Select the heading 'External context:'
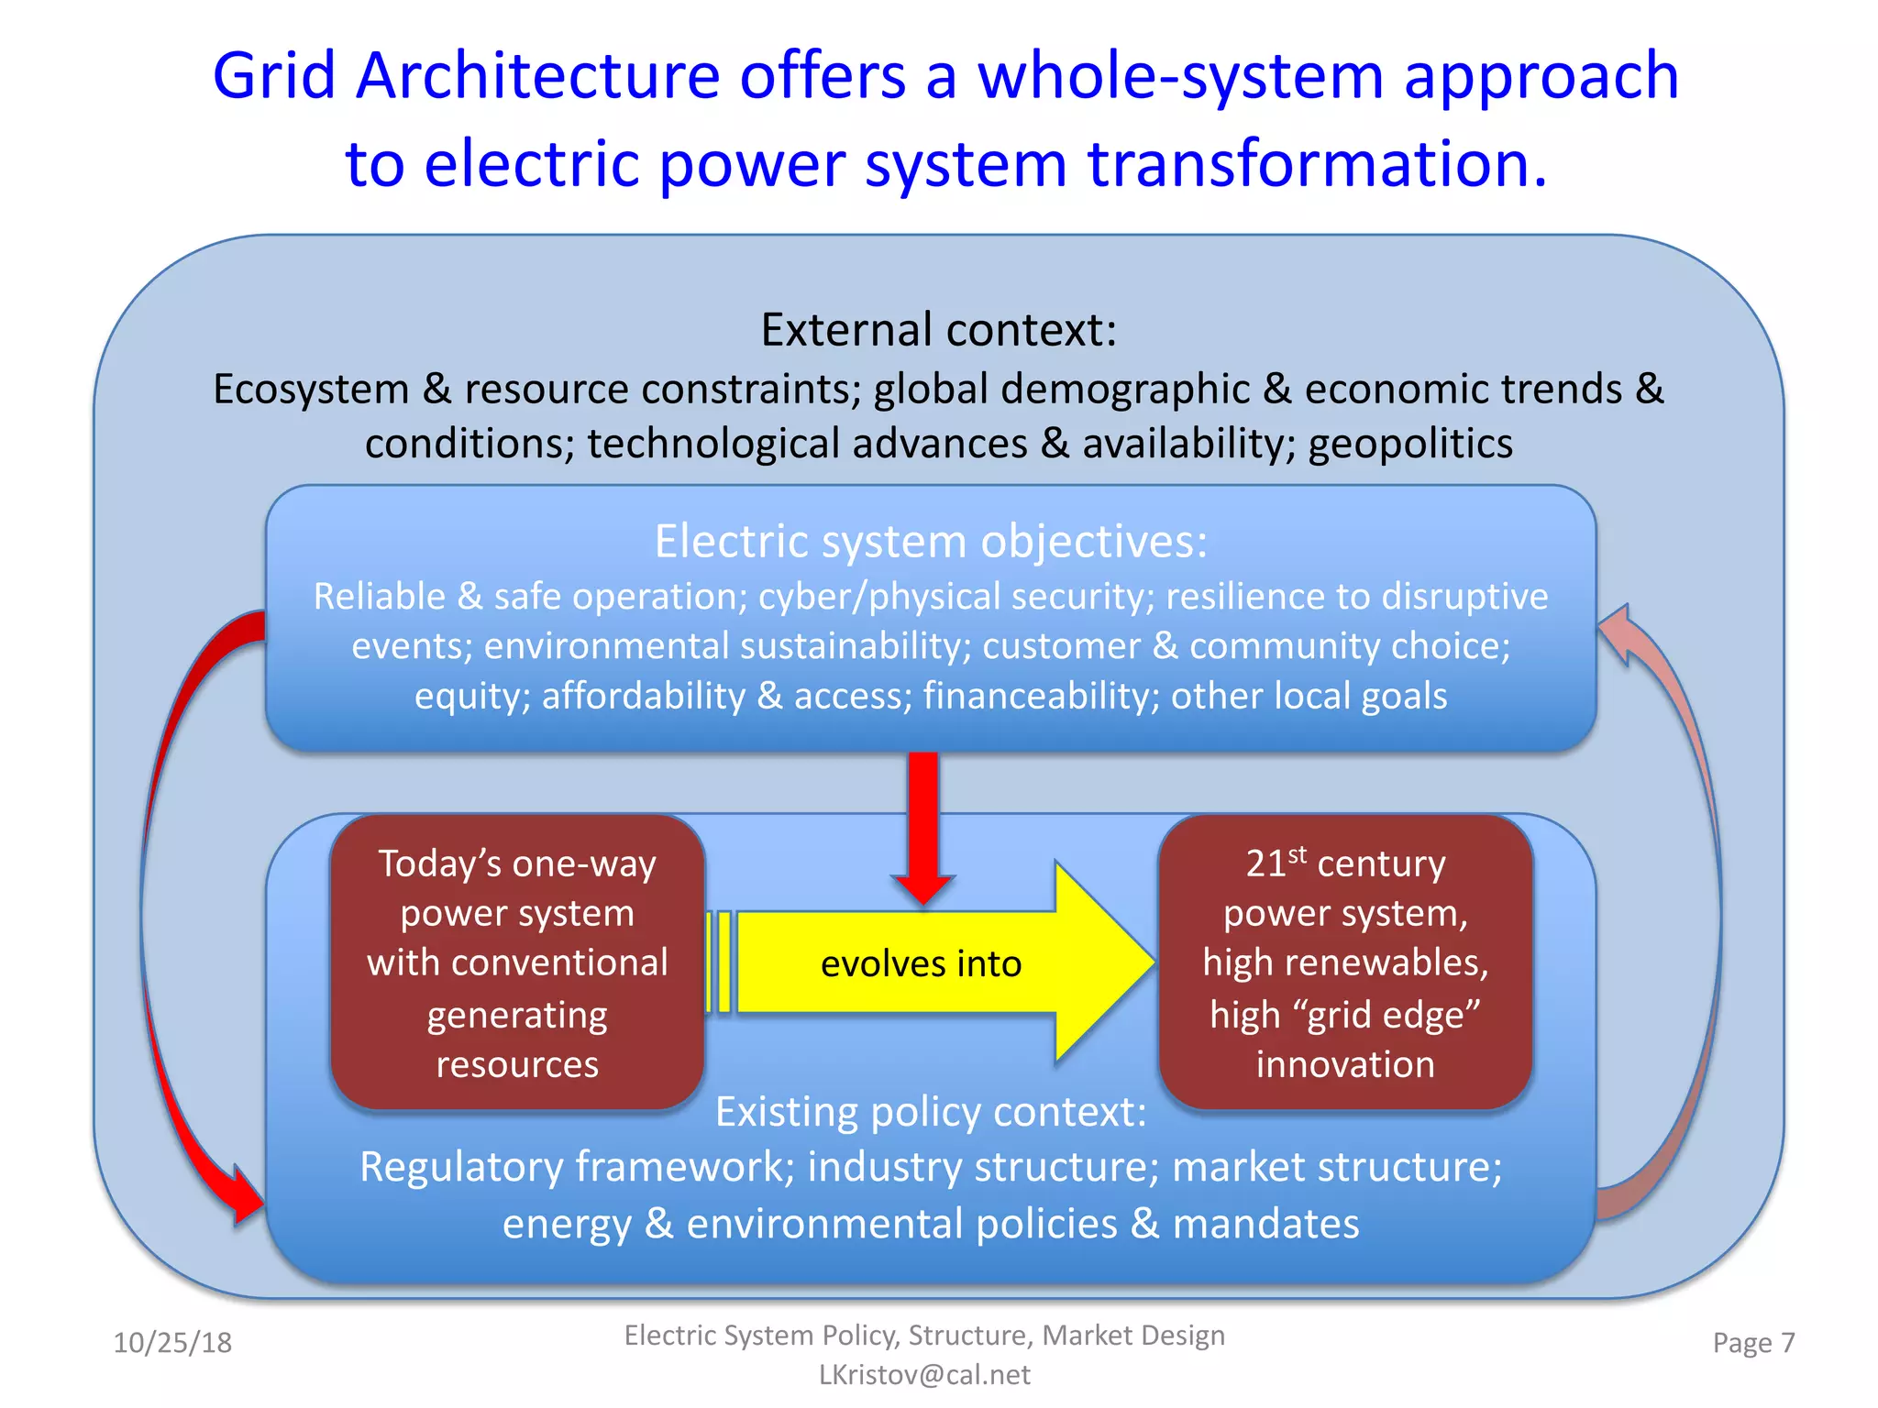[x=938, y=330]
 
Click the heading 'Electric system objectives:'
[x=931, y=541]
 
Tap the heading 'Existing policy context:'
[x=931, y=1112]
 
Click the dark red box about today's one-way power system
[x=517, y=962]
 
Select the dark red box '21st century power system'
[x=1345, y=962]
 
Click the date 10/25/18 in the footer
[x=172, y=1343]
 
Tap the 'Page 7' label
[x=1753, y=1343]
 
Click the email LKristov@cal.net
[x=924, y=1375]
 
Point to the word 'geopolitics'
[x=1410, y=445]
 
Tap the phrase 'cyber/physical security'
[x=956, y=597]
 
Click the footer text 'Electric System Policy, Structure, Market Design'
[x=924, y=1336]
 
